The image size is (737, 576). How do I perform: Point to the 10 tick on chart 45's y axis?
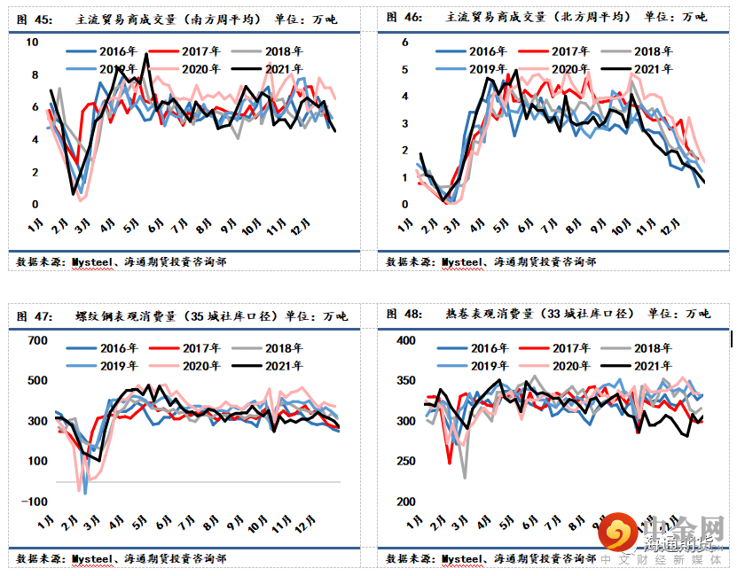click(x=33, y=43)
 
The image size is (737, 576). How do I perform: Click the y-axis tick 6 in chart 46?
click(x=404, y=43)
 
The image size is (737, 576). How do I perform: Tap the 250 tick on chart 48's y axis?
click(x=404, y=462)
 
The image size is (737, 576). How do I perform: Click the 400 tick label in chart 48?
click(x=404, y=340)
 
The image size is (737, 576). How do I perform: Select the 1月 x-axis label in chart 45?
click(x=35, y=230)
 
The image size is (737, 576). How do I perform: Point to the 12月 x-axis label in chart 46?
click(x=669, y=232)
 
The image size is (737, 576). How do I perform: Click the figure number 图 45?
click(x=28, y=17)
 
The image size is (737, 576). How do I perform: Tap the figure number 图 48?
click(x=400, y=314)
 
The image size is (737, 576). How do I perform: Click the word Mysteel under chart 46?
click(x=461, y=262)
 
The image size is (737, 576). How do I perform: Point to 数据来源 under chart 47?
click(x=40, y=559)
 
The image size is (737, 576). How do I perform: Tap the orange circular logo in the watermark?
click(x=616, y=532)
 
